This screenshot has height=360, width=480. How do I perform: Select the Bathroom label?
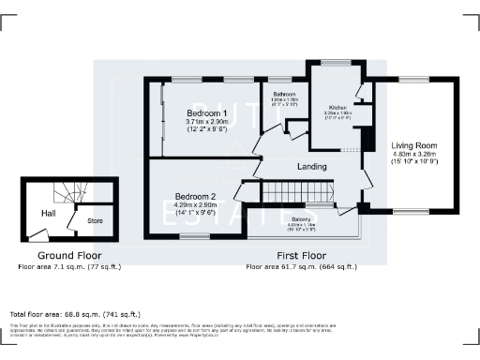[x=285, y=96]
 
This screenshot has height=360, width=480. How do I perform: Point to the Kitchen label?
[x=337, y=108]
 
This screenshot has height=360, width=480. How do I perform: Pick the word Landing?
[x=311, y=167]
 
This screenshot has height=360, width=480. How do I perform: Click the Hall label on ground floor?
[x=49, y=214]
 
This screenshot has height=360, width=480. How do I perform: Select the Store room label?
[x=96, y=221]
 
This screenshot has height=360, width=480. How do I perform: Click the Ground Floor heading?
[x=69, y=255]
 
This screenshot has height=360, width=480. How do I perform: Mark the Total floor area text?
[x=74, y=313]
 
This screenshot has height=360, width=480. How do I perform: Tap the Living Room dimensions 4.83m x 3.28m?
[x=414, y=154]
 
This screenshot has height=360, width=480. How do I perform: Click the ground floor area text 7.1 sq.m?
[x=69, y=267]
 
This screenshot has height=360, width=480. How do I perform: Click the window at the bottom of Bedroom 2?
[x=194, y=237]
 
